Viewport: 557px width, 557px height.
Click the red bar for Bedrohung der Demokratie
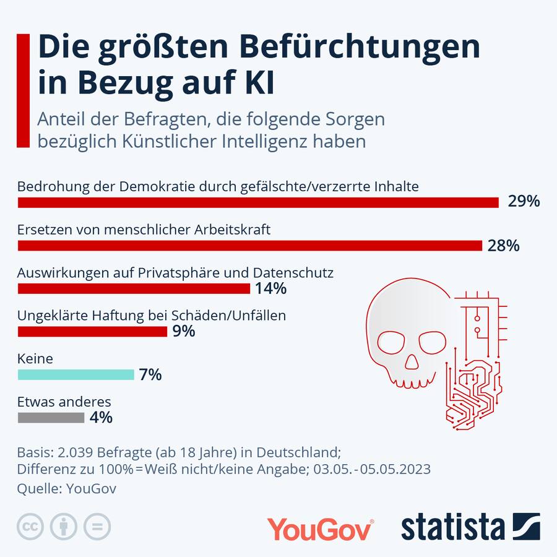click(x=258, y=202)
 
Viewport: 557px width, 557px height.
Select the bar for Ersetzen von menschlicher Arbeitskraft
click(x=250, y=246)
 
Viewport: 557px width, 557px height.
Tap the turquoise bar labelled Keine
click(x=76, y=374)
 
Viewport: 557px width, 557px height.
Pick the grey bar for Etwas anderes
click(x=51, y=418)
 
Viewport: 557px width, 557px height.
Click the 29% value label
click(x=524, y=202)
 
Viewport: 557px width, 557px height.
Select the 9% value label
click(x=184, y=332)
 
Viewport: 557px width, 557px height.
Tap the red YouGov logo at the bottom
click(x=319, y=530)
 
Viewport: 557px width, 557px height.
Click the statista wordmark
click(x=453, y=528)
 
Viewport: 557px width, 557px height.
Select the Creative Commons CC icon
click(x=28, y=527)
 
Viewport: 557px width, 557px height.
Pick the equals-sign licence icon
click(x=97, y=527)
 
